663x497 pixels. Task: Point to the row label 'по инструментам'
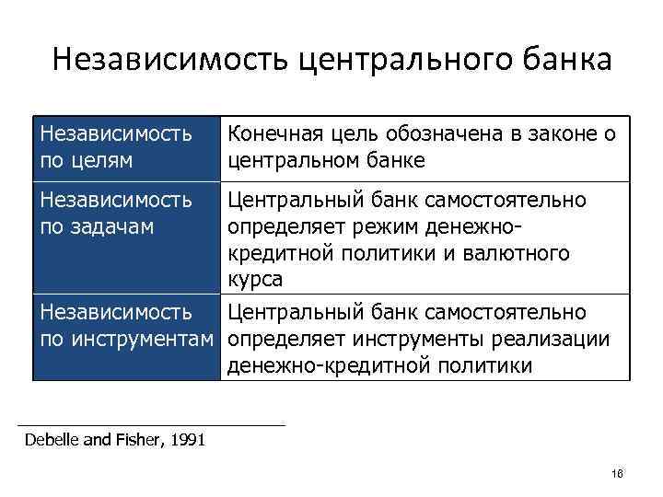click(x=129, y=341)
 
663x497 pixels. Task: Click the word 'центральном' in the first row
click(x=292, y=161)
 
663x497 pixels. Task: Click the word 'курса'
click(x=255, y=278)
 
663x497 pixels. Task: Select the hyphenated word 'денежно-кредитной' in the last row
click(x=327, y=365)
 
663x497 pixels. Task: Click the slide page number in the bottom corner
click(x=616, y=473)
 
